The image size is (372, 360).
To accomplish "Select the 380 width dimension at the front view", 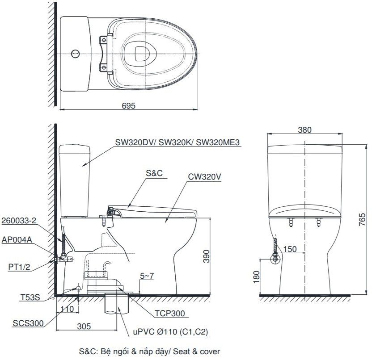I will tap(304, 130).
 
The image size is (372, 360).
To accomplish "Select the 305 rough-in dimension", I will tap(84, 327).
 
